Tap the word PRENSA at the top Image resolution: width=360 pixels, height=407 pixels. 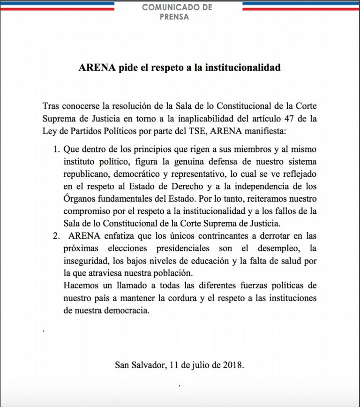pos(177,17)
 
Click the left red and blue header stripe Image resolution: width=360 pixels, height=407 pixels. pos(57,6)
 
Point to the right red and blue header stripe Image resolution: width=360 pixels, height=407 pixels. pos(300,6)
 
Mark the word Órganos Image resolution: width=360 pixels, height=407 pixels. pos(79,197)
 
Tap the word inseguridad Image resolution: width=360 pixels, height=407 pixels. pos(85,259)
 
